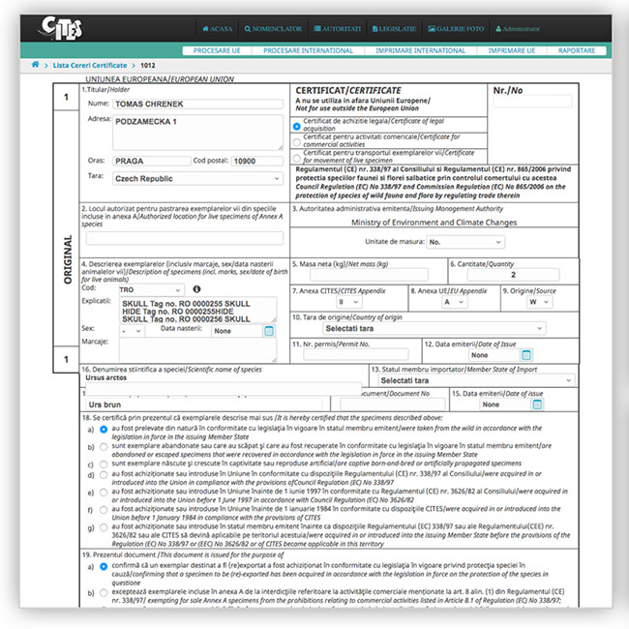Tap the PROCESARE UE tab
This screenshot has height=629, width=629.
[x=218, y=49]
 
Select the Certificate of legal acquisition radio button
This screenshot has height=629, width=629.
[x=297, y=126]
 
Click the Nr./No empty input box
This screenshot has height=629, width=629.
[x=532, y=101]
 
